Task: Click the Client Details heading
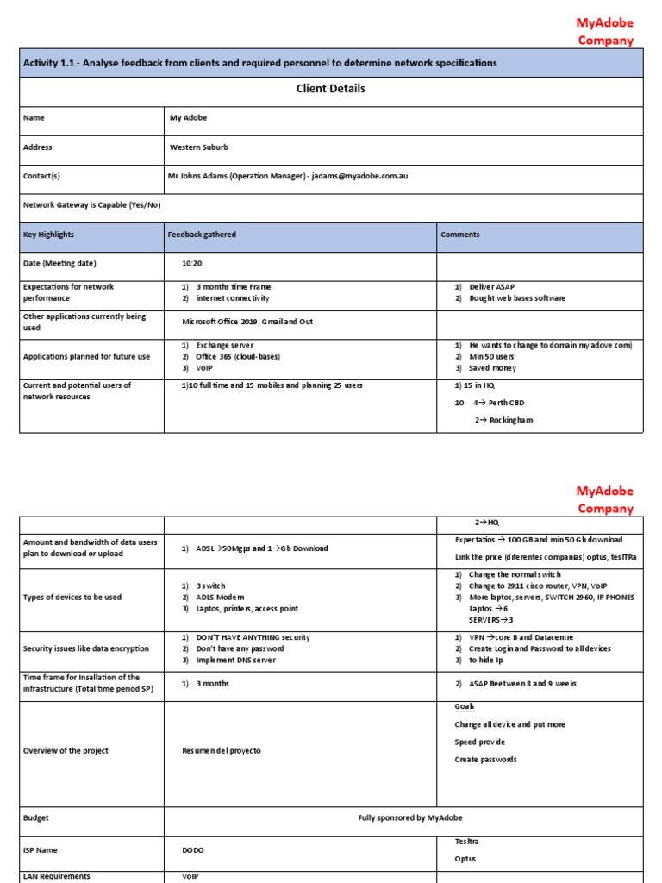pyautogui.click(x=330, y=89)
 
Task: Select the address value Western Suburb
pyautogui.click(x=199, y=147)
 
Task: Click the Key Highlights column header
pyautogui.click(x=48, y=235)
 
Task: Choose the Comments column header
pyautogui.click(x=460, y=235)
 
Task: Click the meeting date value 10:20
pyautogui.click(x=191, y=264)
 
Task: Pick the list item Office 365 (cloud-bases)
pyautogui.click(x=238, y=357)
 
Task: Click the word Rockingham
pyautogui.click(x=513, y=420)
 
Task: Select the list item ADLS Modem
pyautogui.click(x=221, y=598)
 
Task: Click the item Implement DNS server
pyautogui.click(x=242, y=661)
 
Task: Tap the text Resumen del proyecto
pyautogui.click(x=222, y=751)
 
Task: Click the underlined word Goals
pyautogui.click(x=465, y=707)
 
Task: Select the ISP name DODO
pyautogui.click(x=193, y=850)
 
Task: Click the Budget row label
pyautogui.click(x=36, y=817)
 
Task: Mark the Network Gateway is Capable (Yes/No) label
pyautogui.click(x=92, y=205)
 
